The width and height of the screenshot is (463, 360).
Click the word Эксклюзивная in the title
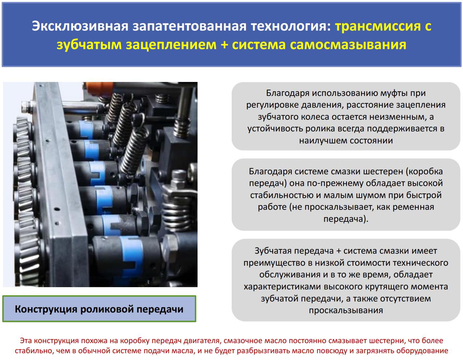pyautogui.click(x=80, y=26)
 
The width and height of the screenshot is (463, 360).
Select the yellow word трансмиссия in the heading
pyautogui.click(x=378, y=26)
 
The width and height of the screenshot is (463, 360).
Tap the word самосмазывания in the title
pyautogui.click(x=348, y=45)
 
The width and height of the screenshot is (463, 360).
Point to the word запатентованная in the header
pyautogui.click(x=189, y=26)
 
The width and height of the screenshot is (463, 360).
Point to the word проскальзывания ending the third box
pyautogui.click(x=346, y=310)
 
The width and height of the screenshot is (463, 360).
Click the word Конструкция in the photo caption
pyautogui.click(x=46, y=309)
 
